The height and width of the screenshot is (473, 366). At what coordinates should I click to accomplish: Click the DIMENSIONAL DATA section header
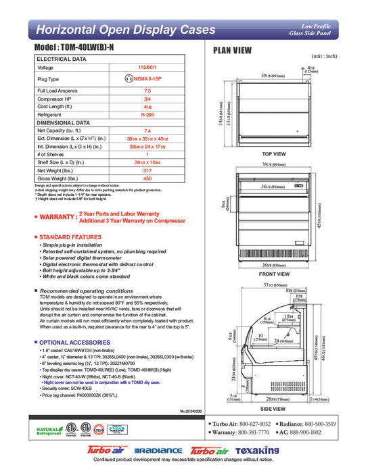[64, 123]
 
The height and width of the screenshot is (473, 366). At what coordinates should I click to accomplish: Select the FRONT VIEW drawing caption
[274, 275]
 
